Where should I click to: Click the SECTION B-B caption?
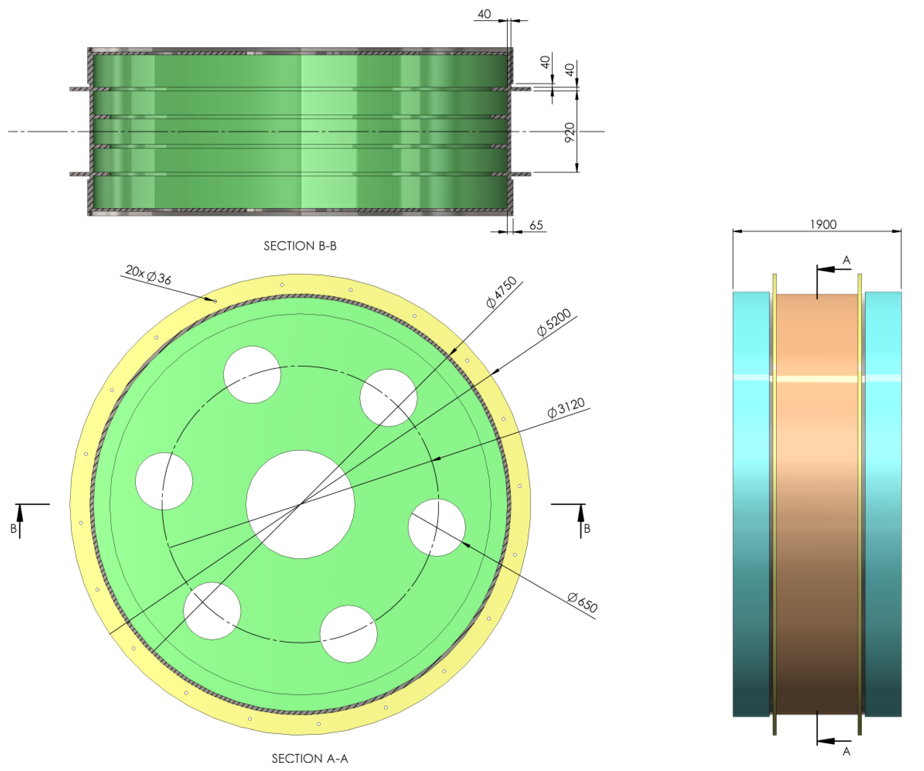tap(300, 246)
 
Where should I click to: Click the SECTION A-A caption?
tap(310, 758)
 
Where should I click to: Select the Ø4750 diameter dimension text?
tap(501, 293)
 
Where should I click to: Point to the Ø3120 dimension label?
tap(566, 407)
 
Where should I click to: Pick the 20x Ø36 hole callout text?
tap(148, 275)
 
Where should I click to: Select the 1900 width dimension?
tap(823, 225)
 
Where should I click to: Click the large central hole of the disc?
tap(300, 505)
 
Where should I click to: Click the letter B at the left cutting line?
tap(14, 528)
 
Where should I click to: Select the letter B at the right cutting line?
tap(587, 528)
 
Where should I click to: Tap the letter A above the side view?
tap(846, 260)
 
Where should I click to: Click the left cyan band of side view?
tap(751, 484)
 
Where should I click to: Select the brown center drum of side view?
tap(817, 484)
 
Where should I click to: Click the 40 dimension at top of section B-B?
tap(484, 14)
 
